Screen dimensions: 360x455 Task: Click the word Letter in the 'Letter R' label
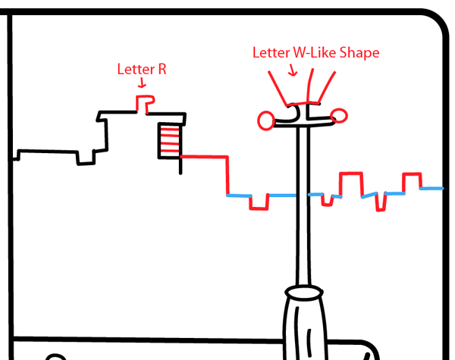click(x=134, y=70)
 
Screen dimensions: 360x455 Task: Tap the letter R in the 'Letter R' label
click(x=162, y=70)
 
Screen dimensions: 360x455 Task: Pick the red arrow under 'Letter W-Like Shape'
click(x=294, y=70)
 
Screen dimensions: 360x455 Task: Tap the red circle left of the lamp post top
click(x=266, y=120)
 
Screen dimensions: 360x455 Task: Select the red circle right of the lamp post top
click(x=339, y=115)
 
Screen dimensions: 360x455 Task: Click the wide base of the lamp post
click(x=307, y=326)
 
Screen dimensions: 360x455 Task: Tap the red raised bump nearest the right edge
click(x=412, y=181)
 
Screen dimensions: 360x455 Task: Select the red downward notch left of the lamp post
click(x=259, y=202)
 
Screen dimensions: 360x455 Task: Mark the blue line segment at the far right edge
click(x=433, y=188)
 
